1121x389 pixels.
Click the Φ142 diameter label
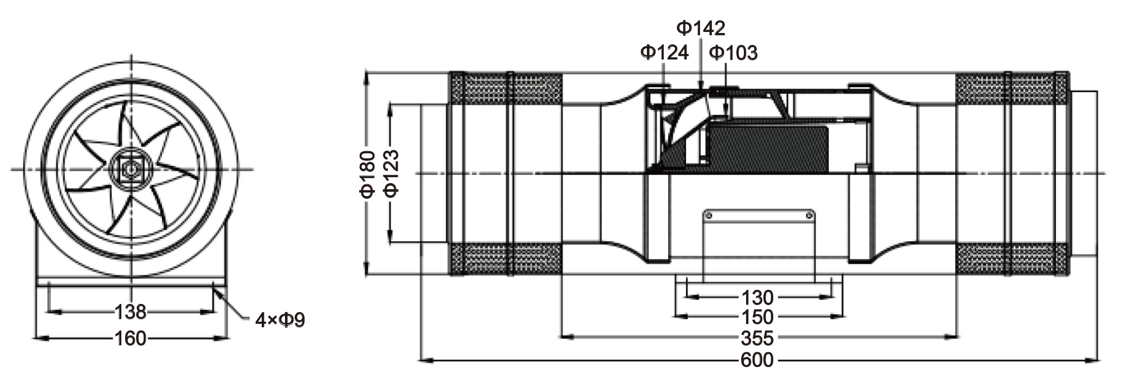pyautogui.click(x=701, y=28)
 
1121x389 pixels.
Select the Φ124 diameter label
pyautogui.click(x=664, y=53)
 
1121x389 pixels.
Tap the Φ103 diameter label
pyautogui.click(x=733, y=53)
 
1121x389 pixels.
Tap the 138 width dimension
pyautogui.click(x=131, y=312)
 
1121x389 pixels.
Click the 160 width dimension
pyautogui.click(x=131, y=339)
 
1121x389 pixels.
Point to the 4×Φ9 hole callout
pyautogui.click(x=280, y=320)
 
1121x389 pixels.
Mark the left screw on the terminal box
pyautogui.click(x=707, y=216)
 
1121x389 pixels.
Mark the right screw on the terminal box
pyautogui.click(x=809, y=216)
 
